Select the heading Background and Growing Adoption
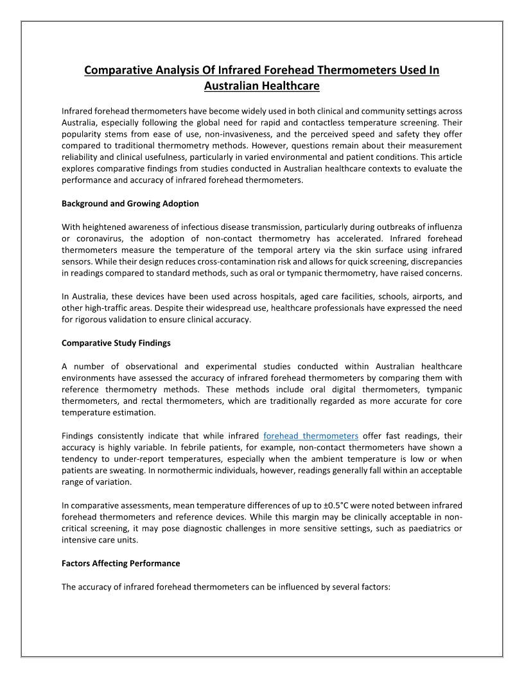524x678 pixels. click(x=130, y=204)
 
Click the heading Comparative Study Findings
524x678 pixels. click(x=116, y=343)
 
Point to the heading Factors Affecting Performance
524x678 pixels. click(x=121, y=563)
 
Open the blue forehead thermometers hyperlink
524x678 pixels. click(x=311, y=436)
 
